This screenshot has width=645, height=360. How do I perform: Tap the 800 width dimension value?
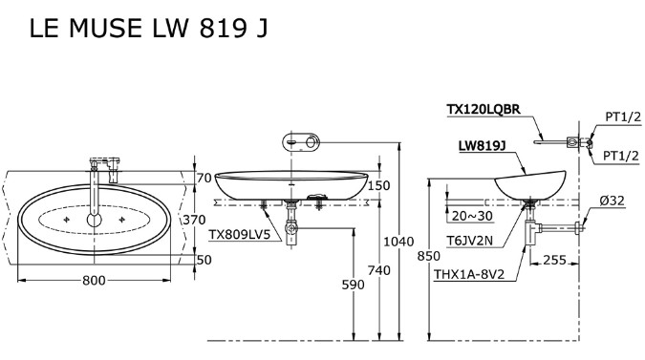94,280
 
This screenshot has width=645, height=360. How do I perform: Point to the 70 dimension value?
204,178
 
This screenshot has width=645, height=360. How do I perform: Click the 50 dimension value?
204,259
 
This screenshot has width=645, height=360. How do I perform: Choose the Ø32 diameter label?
612,200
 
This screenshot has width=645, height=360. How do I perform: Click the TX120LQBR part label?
484,110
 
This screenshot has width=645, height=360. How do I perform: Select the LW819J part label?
482,146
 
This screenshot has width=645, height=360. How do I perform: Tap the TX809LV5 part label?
239,234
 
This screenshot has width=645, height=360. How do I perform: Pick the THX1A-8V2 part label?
475,275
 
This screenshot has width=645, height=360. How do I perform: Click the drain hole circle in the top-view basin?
94,220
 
